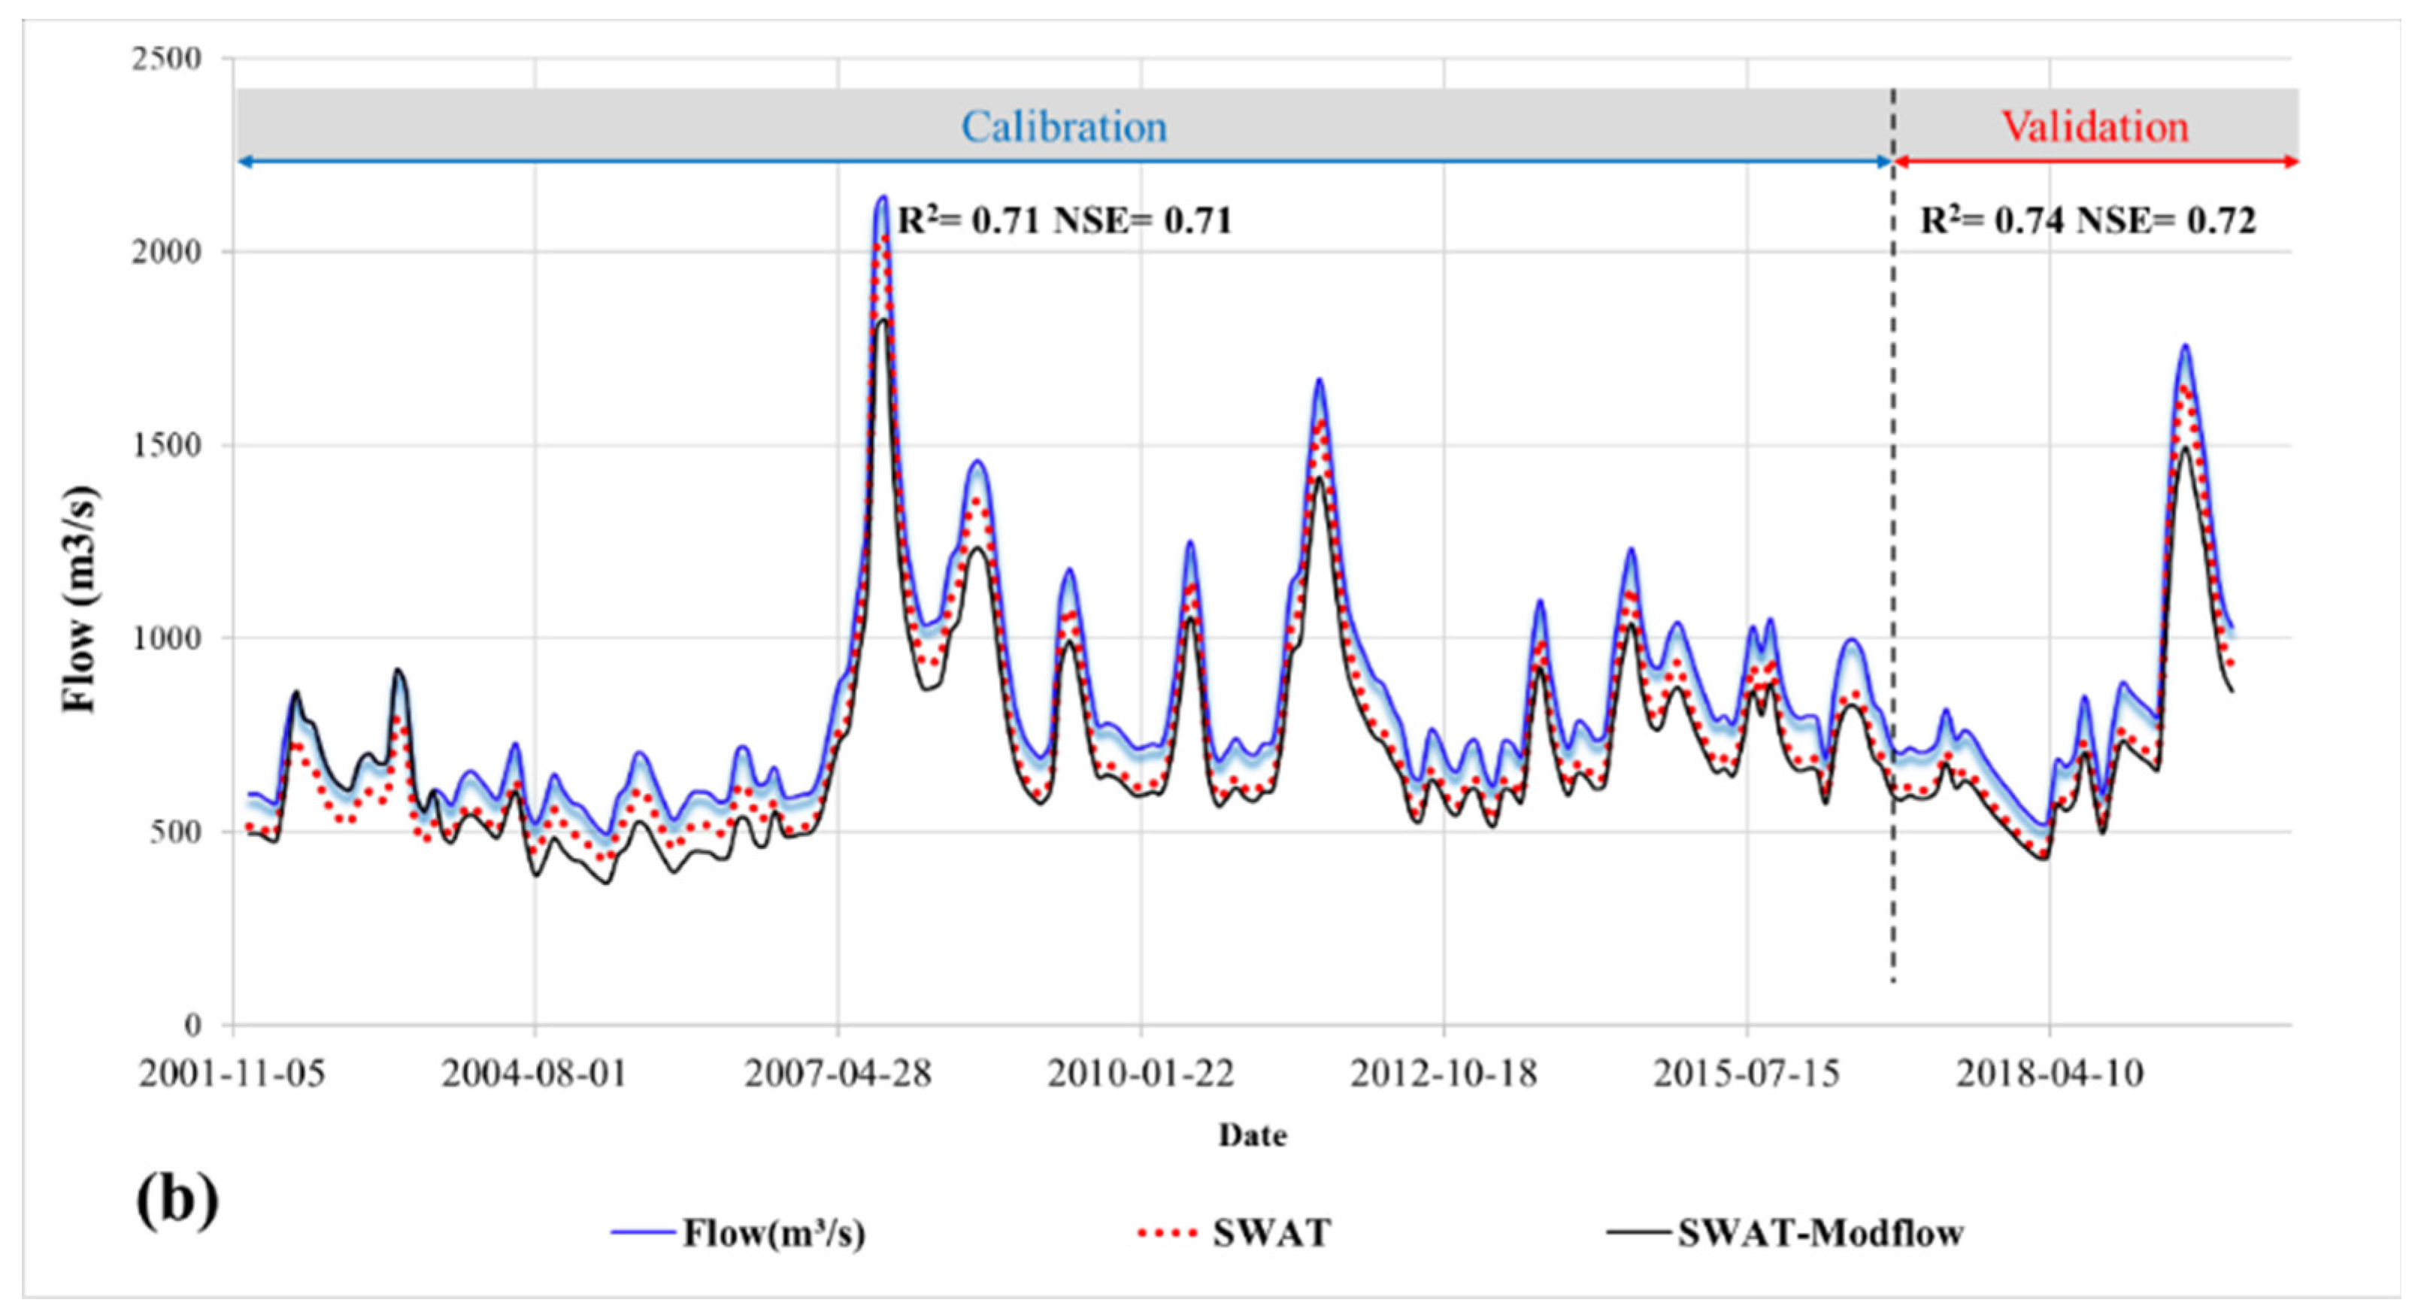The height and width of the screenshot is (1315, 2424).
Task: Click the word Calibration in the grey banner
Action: click(1063, 127)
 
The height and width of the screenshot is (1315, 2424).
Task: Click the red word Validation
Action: click(2095, 127)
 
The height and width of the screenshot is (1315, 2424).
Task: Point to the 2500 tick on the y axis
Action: click(167, 59)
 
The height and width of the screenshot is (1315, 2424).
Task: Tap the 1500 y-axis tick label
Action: click(167, 445)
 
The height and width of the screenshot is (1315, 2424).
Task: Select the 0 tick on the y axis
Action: click(193, 1025)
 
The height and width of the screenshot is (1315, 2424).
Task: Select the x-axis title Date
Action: click(1253, 1135)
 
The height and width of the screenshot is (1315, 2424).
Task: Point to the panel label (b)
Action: click(177, 1200)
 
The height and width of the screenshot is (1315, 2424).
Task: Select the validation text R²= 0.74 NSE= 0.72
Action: click(2087, 220)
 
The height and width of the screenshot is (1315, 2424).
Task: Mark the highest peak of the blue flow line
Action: click(883, 198)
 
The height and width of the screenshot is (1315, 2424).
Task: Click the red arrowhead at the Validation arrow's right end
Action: click(2292, 162)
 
